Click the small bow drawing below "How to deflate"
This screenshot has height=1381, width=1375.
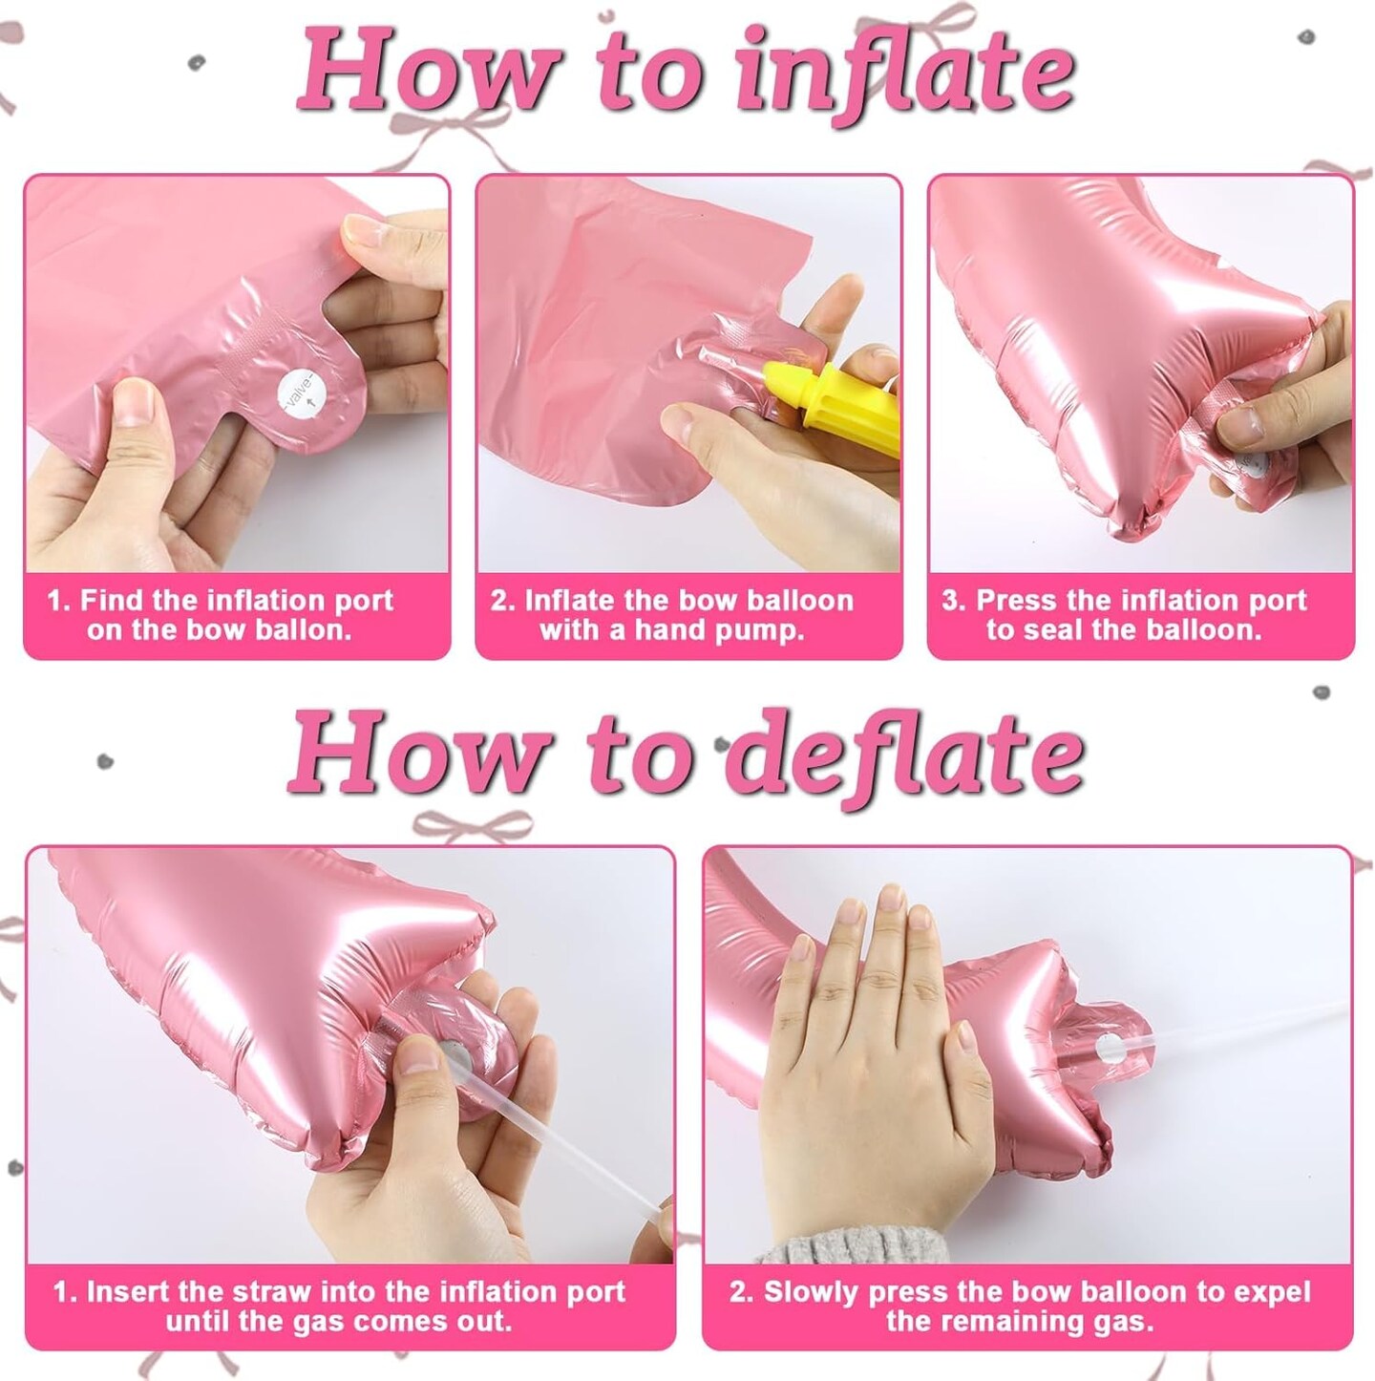tap(473, 825)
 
